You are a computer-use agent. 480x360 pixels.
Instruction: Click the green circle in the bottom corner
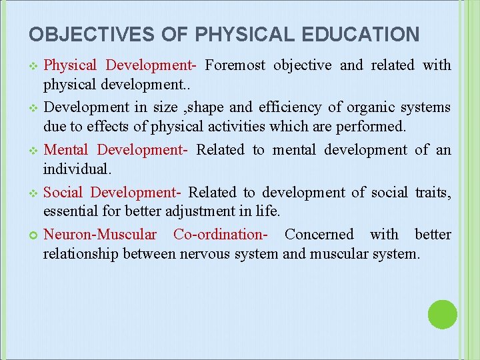(442, 315)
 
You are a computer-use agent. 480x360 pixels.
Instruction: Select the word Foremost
(235, 65)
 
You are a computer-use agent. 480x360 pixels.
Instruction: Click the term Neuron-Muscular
(100, 235)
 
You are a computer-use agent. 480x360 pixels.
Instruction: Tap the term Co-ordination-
(221, 235)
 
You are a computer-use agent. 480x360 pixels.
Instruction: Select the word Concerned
(319, 235)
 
